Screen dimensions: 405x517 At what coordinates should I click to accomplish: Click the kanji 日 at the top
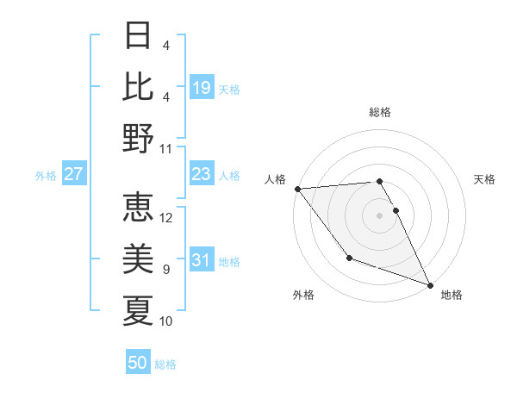click(x=138, y=36)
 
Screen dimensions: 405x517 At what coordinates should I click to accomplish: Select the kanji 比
click(x=138, y=86)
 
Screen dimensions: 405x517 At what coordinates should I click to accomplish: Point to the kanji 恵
click(x=138, y=208)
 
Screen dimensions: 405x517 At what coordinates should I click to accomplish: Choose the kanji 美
click(x=138, y=259)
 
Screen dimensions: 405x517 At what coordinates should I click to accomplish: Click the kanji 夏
click(x=138, y=309)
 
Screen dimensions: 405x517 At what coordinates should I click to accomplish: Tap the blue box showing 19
click(x=202, y=87)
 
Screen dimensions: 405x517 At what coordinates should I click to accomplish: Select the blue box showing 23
click(x=202, y=175)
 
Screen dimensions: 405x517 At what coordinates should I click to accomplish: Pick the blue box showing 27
click(x=73, y=175)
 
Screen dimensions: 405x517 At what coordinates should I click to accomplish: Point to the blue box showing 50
click(x=138, y=363)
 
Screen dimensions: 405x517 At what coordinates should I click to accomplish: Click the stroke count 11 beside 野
click(x=166, y=148)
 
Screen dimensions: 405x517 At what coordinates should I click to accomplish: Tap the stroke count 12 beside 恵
click(x=166, y=218)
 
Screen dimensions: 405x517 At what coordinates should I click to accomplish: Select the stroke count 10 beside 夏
click(x=166, y=321)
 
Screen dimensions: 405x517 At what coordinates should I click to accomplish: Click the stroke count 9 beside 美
click(x=166, y=270)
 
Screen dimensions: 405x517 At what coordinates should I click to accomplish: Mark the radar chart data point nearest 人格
click(x=296, y=189)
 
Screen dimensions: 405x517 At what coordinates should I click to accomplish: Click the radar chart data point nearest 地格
click(x=429, y=283)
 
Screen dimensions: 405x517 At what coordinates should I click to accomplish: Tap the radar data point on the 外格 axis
click(x=349, y=258)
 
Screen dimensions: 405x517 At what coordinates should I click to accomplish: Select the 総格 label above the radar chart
click(x=380, y=112)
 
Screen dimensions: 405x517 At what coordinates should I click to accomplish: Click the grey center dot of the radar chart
click(x=380, y=215)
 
